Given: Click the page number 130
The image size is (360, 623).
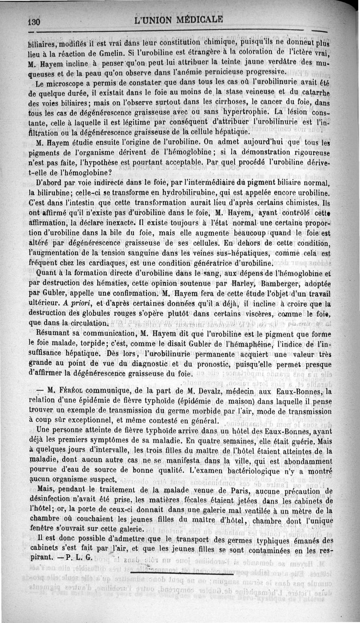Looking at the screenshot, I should [x=34, y=22].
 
